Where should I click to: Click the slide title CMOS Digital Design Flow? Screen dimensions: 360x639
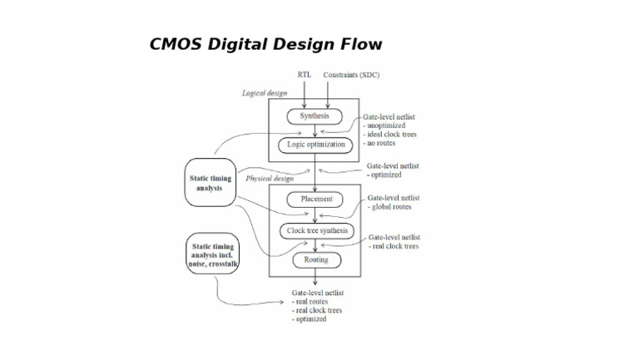coord(265,45)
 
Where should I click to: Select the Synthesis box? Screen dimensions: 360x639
coord(315,116)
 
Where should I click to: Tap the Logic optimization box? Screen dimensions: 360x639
coord(315,144)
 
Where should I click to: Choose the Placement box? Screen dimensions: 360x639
coord(315,200)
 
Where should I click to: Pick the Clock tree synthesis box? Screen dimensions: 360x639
coord(315,230)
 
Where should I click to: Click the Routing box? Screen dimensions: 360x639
coord(315,259)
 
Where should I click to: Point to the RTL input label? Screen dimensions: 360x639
coord(304,75)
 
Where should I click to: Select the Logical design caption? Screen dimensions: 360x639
coord(265,93)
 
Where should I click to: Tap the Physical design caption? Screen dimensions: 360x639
coord(270,179)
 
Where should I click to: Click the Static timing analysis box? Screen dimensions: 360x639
coord(210,183)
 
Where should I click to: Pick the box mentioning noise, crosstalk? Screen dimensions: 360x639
coord(213,255)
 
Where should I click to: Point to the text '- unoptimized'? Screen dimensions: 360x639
coord(386,126)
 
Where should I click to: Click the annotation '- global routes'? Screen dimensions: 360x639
coord(390,207)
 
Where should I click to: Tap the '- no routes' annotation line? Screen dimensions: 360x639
coord(383,144)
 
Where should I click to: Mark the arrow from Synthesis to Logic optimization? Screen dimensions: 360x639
coord(315,131)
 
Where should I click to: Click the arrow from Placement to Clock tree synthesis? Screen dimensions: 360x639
coord(315,215)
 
